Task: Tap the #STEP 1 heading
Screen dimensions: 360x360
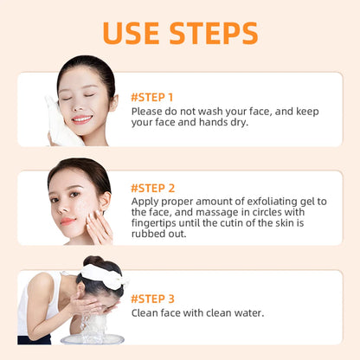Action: pyautogui.click(x=152, y=97)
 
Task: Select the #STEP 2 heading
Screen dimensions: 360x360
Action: pyautogui.click(x=153, y=187)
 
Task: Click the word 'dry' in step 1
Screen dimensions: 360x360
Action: pyautogui.click(x=238, y=123)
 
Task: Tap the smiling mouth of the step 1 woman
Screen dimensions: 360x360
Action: pyautogui.click(x=80, y=119)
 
